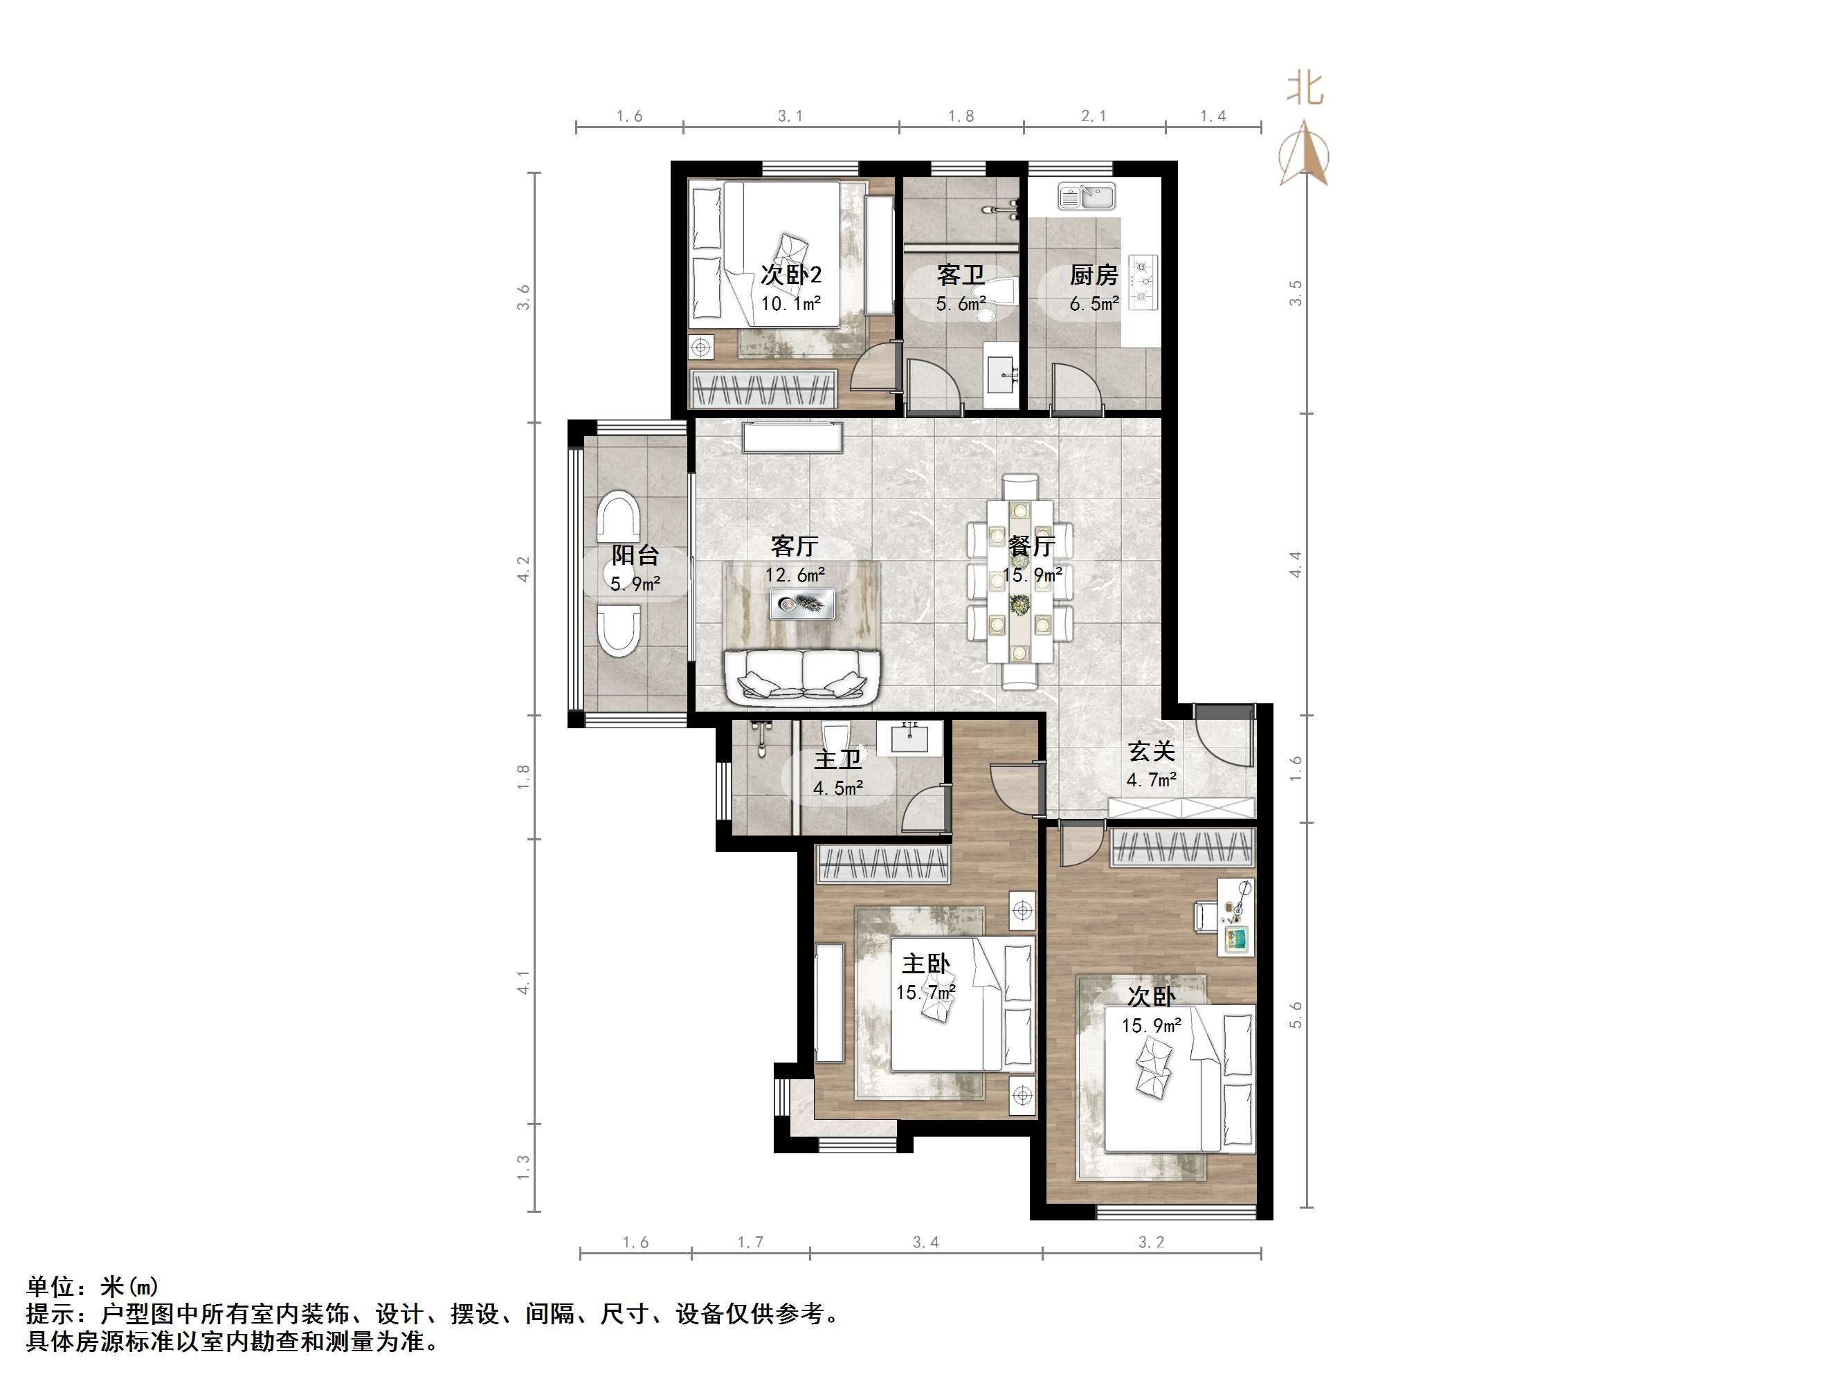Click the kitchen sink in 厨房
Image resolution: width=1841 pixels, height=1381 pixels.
[1086, 197]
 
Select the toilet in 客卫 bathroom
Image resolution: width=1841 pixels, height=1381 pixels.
[998, 295]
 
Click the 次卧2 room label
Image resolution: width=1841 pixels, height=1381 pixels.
[790, 275]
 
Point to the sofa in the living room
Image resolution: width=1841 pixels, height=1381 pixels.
[802, 675]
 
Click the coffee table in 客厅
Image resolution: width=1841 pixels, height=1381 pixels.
[802, 604]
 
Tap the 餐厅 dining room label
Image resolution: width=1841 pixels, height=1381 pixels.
[1032, 546]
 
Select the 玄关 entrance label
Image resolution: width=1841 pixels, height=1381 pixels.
[1151, 752]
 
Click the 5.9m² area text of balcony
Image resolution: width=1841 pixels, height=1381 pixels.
[635, 584]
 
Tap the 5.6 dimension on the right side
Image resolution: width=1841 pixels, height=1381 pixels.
[1296, 1014]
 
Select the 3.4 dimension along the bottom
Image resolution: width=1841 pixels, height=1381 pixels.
[925, 1242]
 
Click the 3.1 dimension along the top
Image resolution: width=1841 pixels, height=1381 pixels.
[790, 116]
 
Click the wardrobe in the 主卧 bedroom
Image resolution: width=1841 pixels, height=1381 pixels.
[883, 864]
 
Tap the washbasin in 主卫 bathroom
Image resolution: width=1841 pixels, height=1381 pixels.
[909, 737]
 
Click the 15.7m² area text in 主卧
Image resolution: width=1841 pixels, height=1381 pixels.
[925, 992]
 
